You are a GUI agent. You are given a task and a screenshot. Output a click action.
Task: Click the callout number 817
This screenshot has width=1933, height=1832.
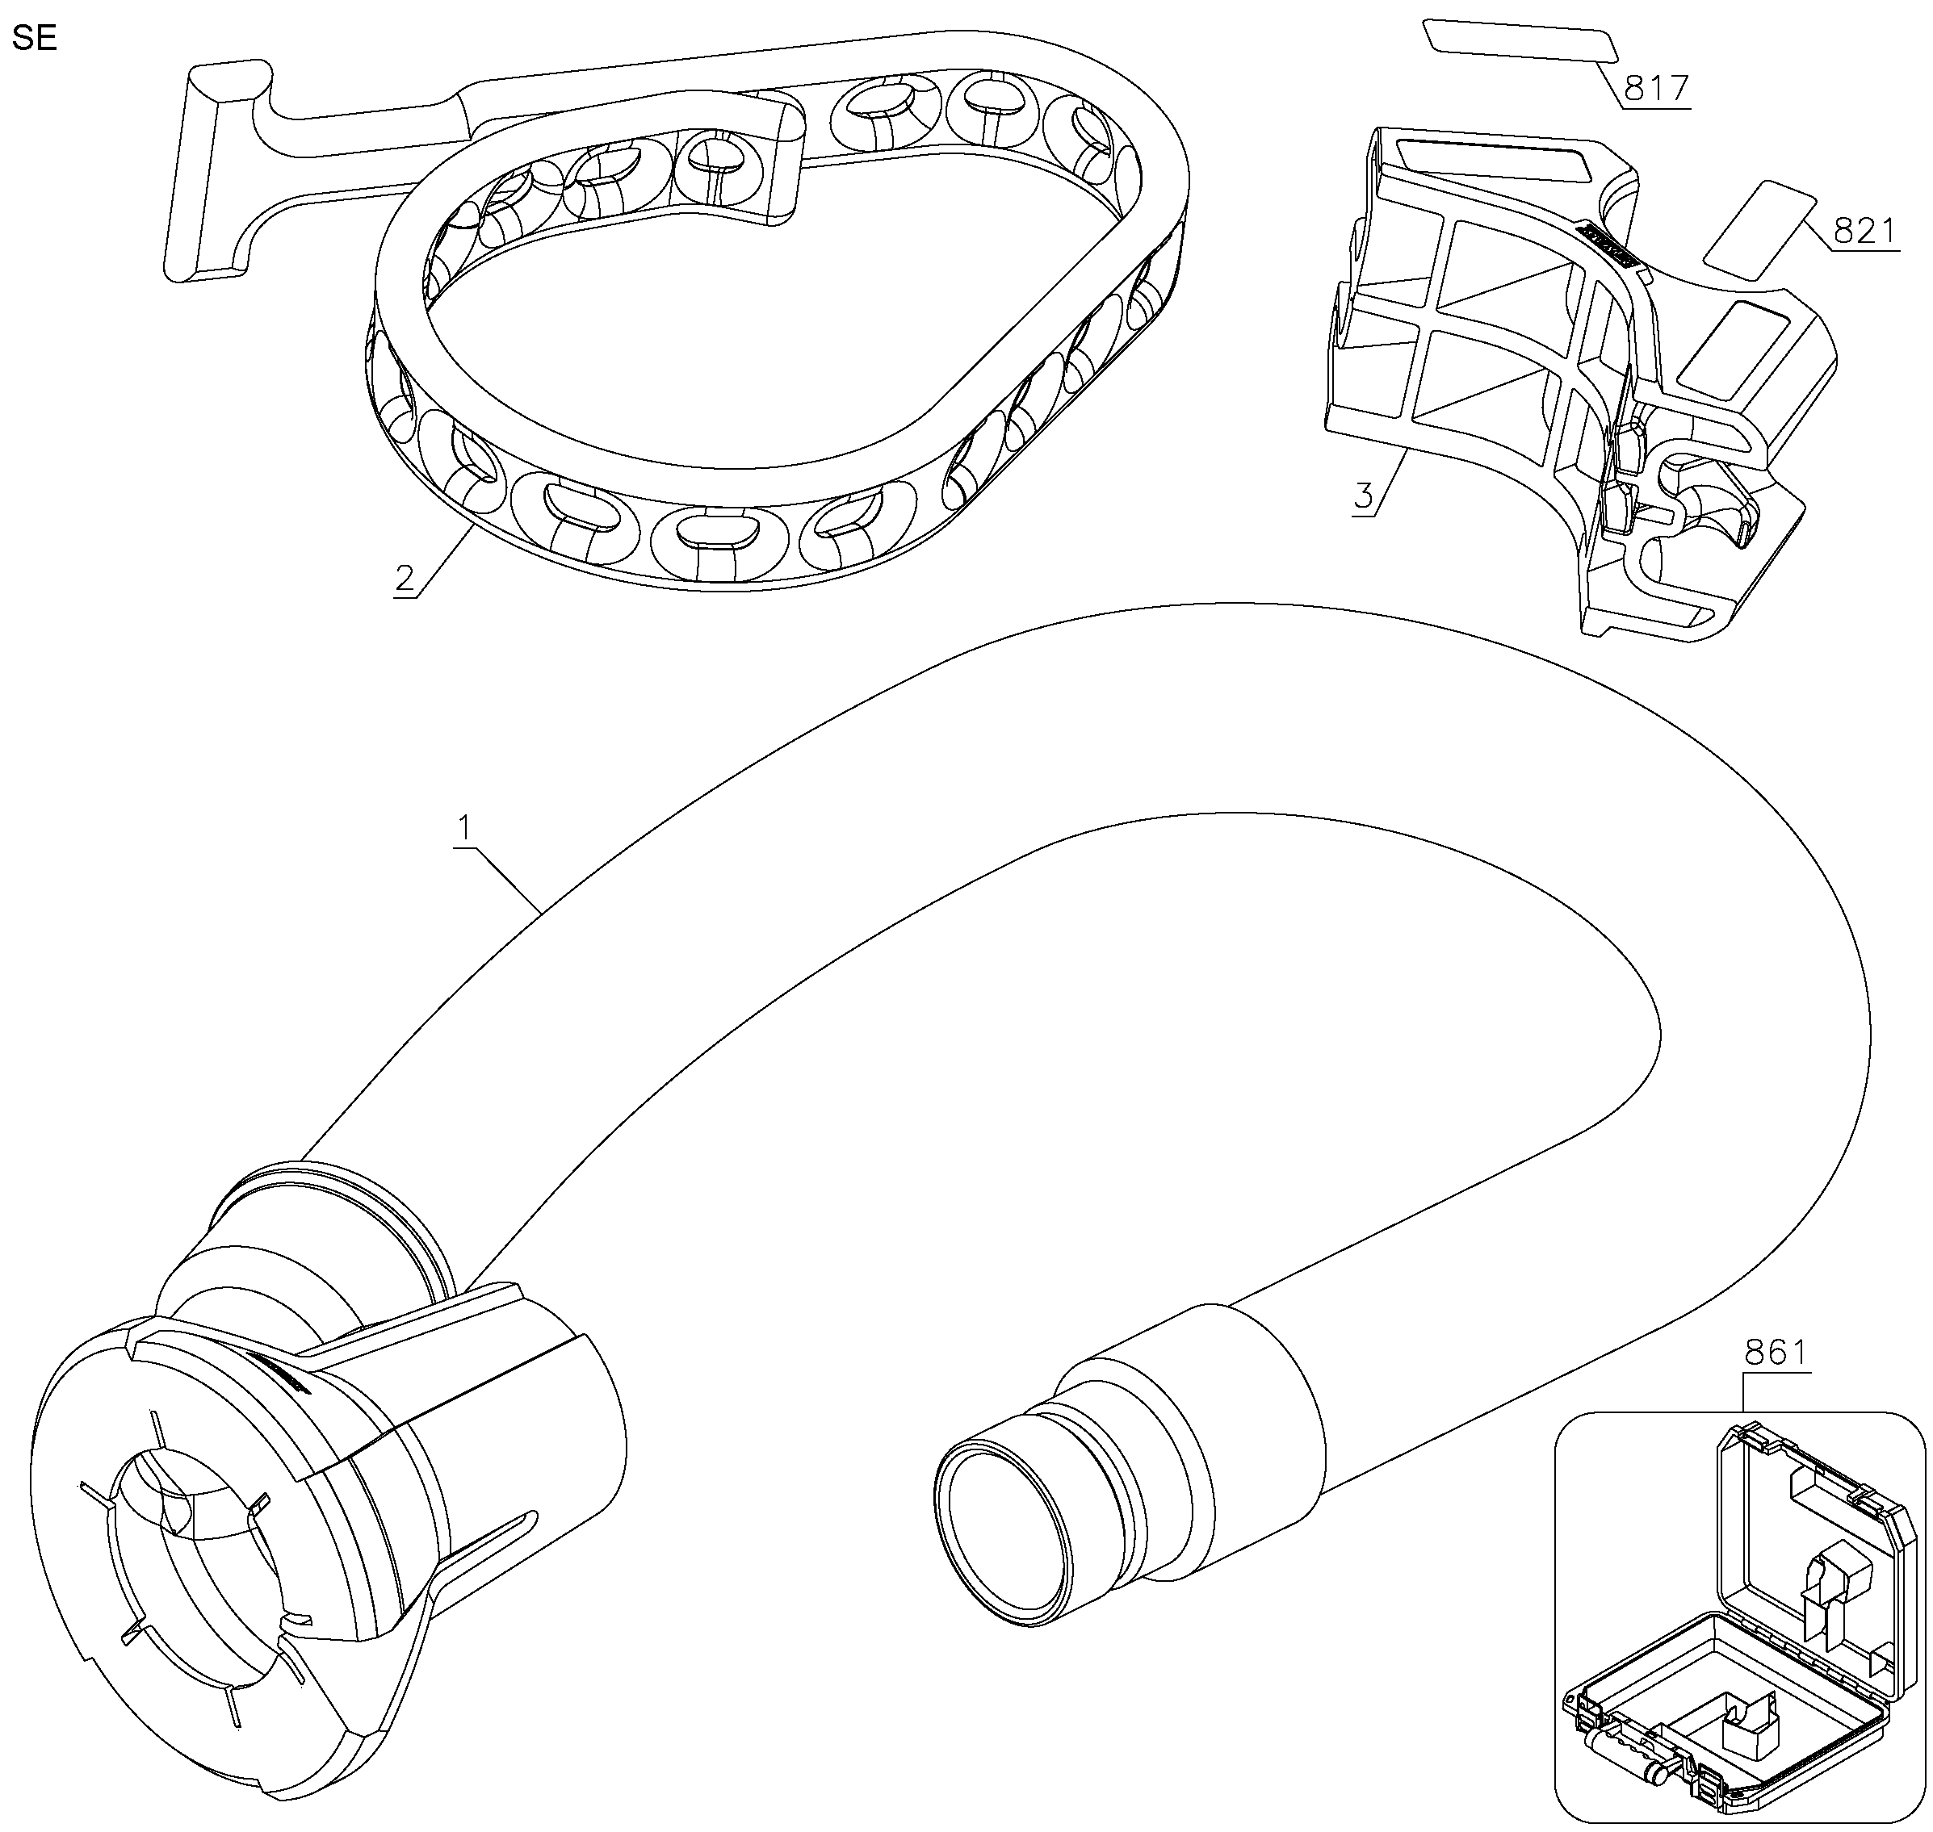[1655, 89]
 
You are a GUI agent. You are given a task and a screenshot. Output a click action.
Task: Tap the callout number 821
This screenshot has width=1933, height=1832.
[1866, 231]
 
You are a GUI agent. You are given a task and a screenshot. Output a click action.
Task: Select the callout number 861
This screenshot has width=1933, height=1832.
[1776, 1353]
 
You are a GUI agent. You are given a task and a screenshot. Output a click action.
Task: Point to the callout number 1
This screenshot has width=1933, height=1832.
[465, 829]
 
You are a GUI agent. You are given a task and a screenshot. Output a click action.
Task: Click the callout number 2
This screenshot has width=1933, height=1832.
[405, 578]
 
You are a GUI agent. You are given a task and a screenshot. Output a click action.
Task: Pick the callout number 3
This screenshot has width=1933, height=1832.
[1364, 495]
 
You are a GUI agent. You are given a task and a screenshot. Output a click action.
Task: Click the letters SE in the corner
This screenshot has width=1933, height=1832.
[34, 39]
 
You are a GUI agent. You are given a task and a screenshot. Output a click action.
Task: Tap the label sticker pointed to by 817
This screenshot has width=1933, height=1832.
[1519, 42]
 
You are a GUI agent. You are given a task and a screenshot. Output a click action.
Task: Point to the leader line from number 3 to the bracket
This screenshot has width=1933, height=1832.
[1389, 482]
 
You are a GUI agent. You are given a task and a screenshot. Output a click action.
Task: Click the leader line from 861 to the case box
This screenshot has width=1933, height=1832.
[1746, 1390]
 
